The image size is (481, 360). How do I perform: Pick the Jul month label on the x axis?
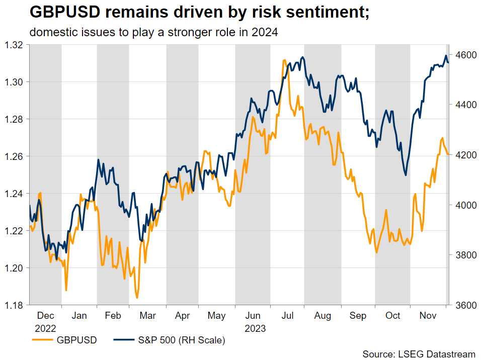tap(288, 316)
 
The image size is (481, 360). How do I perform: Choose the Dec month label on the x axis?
tap(46, 316)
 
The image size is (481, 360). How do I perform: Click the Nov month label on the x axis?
tap(428, 316)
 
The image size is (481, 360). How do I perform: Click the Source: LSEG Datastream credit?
tap(419, 354)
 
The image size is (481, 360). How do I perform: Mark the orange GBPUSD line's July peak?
tap(285, 60)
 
